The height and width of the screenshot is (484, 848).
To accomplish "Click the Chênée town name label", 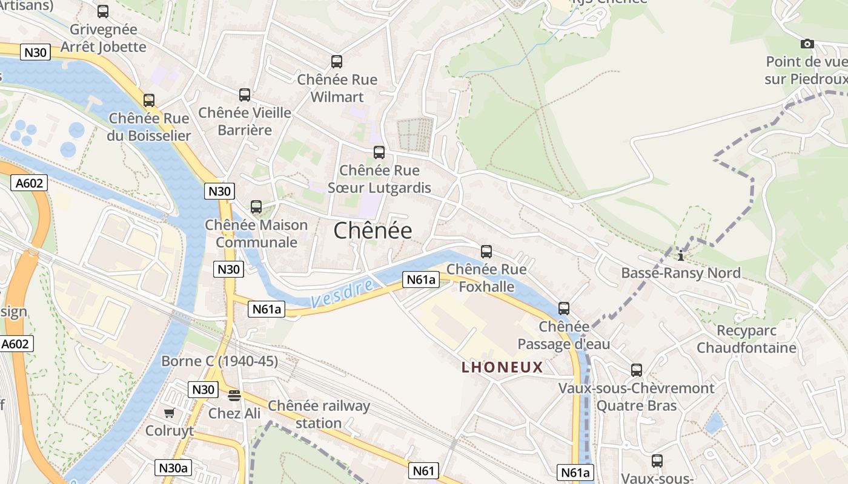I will click(x=373, y=231).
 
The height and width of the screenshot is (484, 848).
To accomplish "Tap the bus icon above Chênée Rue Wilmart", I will click(x=337, y=62).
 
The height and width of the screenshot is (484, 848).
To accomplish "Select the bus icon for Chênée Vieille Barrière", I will click(x=245, y=95).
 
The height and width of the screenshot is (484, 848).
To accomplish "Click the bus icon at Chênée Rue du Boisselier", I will click(x=149, y=100).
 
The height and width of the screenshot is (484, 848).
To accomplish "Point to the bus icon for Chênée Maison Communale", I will click(x=256, y=207).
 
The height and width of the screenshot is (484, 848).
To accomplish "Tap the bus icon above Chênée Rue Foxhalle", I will click(x=486, y=252).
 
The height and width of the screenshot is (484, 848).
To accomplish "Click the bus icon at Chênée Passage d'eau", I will click(x=564, y=309).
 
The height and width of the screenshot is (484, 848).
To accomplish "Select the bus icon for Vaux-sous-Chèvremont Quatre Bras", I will click(x=637, y=370).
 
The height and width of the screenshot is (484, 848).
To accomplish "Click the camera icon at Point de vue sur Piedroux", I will click(x=807, y=44).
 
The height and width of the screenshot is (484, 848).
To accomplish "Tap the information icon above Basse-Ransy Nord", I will click(x=681, y=256).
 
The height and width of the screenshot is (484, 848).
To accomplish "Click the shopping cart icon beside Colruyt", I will click(x=169, y=413).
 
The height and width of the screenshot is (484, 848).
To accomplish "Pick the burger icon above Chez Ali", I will click(x=234, y=396).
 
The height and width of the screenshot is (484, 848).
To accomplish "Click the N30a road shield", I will click(x=173, y=468).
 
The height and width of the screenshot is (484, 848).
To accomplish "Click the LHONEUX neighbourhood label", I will click(x=502, y=367).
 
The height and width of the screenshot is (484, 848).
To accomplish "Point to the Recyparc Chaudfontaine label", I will click(x=746, y=339).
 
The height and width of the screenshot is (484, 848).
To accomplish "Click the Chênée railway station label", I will click(x=319, y=414).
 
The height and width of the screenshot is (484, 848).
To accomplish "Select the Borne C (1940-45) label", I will click(x=219, y=361).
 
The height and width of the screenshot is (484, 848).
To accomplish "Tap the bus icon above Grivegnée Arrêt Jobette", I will click(x=103, y=11).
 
